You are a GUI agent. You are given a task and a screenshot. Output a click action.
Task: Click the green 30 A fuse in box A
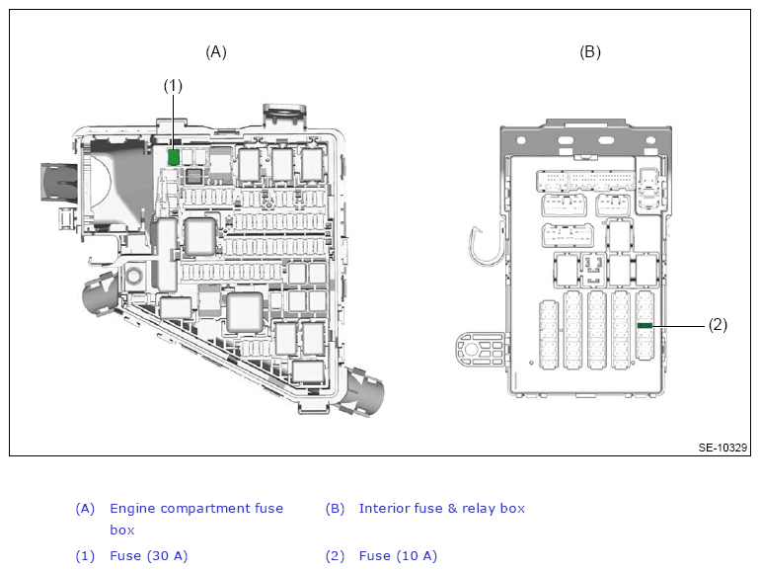(174, 157)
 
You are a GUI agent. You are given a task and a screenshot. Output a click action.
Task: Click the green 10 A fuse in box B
(645, 325)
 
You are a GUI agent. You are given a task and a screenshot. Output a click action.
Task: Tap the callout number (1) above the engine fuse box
(173, 86)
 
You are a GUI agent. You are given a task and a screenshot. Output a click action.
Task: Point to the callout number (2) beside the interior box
(718, 325)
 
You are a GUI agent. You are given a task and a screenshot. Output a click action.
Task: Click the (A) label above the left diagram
(216, 52)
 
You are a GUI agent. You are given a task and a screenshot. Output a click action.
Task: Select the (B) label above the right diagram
(590, 52)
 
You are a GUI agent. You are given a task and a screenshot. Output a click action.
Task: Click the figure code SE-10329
(722, 448)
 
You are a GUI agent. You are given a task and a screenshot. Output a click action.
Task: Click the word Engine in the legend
(133, 509)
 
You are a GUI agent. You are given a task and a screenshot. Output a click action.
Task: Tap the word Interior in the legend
(383, 508)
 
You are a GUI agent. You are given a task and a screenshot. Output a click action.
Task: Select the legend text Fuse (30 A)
(149, 555)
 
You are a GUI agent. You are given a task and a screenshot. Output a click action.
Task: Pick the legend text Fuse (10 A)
(398, 555)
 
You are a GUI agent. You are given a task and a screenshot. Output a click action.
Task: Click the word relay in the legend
(479, 509)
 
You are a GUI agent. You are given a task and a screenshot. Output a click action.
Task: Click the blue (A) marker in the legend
(85, 509)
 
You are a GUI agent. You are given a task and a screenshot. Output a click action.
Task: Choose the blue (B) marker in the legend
(335, 509)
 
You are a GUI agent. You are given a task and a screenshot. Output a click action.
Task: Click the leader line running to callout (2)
(678, 326)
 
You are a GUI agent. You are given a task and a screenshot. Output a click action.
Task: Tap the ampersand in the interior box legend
(452, 509)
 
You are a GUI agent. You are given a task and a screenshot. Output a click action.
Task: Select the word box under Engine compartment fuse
(122, 530)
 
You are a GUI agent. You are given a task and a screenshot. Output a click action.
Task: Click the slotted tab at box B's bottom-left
(480, 350)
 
